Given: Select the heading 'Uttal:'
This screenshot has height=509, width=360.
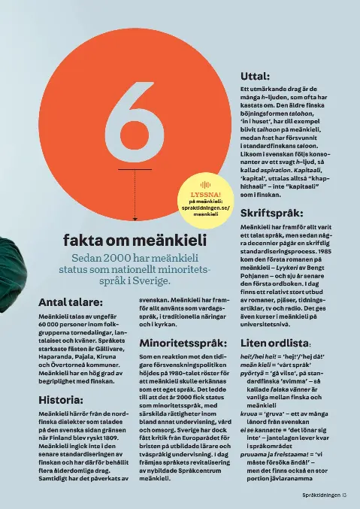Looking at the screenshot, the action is click(x=255, y=76).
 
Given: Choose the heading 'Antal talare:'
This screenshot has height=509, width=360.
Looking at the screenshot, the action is click(x=70, y=302).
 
